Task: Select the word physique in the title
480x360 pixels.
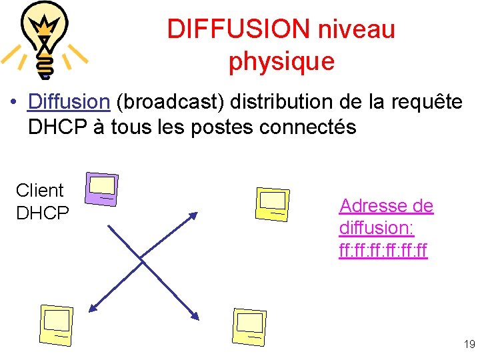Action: [281, 61]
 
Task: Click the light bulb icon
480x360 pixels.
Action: [45, 39]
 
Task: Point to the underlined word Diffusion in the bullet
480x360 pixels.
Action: [69, 102]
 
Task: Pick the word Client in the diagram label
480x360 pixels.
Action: [39, 191]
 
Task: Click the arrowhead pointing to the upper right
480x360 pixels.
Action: [193, 215]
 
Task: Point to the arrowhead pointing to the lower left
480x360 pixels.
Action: [93, 306]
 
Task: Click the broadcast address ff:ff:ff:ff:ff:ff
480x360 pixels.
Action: [383, 251]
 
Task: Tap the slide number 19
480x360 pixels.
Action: [469, 345]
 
